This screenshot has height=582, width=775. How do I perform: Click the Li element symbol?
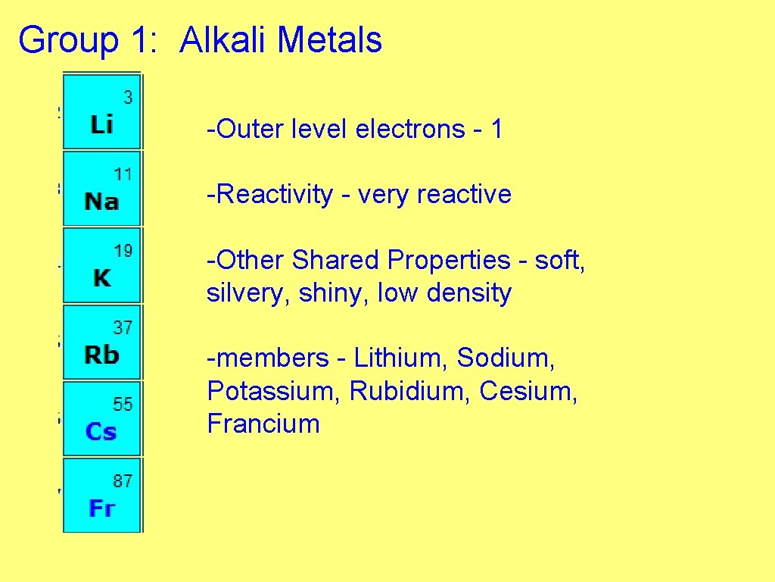pos(101,125)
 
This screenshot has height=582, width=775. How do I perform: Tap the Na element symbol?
pos(101,202)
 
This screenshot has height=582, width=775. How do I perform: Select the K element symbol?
pos(101,279)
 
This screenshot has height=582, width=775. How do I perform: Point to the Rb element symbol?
pos(101,355)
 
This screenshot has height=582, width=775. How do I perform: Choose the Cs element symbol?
pos(101,432)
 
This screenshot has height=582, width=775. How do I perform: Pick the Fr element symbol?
pos(101,508)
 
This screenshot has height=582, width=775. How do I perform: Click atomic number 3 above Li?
pos(127,97)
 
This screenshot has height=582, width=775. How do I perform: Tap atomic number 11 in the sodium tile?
pos(123,174)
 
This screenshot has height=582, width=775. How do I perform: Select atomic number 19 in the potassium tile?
pos(123,251)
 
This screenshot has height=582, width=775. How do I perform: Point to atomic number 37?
pos(123,327)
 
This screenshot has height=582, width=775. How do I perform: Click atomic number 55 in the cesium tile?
pos(123,404)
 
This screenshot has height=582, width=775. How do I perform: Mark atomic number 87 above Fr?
pos(123,480)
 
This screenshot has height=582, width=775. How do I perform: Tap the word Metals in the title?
pos(329,40)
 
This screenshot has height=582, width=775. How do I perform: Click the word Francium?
pos(263,424)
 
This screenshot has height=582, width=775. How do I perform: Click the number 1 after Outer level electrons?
pos(496,130)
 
